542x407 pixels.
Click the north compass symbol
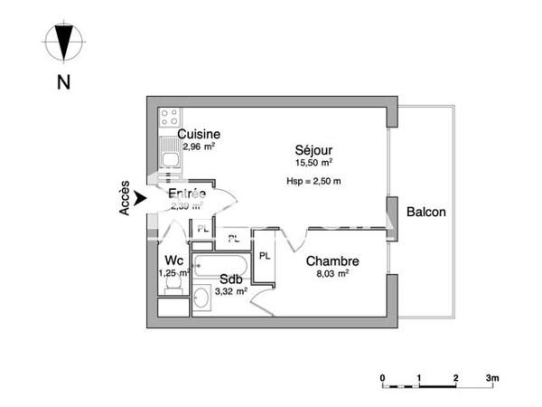(63, 42)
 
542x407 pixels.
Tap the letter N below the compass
(63, 82)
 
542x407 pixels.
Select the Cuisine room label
(199, 135)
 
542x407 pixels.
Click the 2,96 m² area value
(199, 147)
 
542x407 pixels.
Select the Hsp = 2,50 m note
(313, 181)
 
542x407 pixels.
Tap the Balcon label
(425, 212)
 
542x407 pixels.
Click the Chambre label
(332, 260)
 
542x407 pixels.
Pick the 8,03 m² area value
(332, 272)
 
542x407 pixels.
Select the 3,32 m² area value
(229, 290)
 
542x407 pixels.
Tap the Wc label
(174, 259)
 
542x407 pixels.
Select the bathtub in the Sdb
(222, 265)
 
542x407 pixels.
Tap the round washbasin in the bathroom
(202, 297)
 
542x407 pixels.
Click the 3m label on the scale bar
(492, 376)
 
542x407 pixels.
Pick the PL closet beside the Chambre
(265, 256)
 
